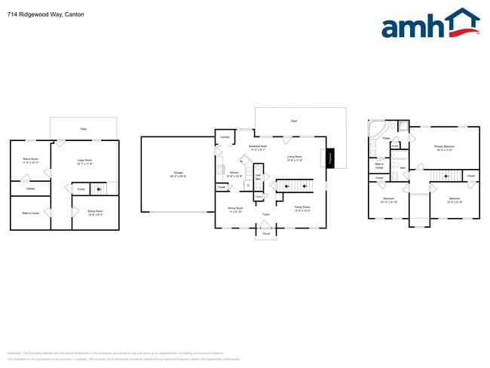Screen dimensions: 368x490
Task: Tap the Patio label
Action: tap(83, 129)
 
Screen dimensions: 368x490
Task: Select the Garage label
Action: tap(177, 174)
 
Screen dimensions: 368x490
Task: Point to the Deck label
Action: tap(293, 120)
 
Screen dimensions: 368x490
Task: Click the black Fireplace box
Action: tap(330, 158)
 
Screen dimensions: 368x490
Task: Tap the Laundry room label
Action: tap(224, 137)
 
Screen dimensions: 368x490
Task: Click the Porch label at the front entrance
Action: tap(266, 234)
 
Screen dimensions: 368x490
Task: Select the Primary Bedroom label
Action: tap(443, 149)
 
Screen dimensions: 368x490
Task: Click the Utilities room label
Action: tap(30, 189)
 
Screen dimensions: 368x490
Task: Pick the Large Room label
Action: tap(84, 161)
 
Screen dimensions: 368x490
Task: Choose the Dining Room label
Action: tap(235, 209)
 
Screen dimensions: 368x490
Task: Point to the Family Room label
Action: tap(302, 207)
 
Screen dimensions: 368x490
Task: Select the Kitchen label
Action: tap(234, 174)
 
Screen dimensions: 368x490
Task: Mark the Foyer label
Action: tap(266, 215)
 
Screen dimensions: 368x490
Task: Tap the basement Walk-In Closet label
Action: tap(30, 213)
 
